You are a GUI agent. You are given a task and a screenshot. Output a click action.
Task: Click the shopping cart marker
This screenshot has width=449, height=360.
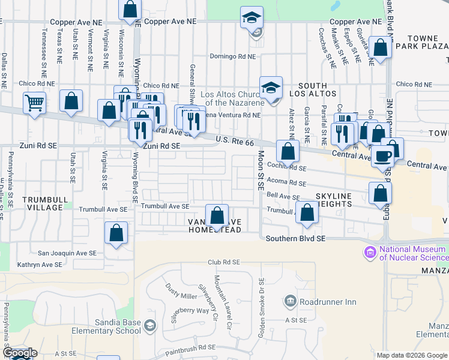pyautogui.click(x=34, y=103)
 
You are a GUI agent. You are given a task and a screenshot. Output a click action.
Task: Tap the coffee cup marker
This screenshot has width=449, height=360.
pyautogui.click(x=382, y=157)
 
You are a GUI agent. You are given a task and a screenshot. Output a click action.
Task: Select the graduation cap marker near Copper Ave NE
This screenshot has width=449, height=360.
pyautogui.click(x=252, y=17)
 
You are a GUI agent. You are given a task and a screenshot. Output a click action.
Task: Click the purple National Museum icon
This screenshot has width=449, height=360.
pyautogui.click(x=369, y=251)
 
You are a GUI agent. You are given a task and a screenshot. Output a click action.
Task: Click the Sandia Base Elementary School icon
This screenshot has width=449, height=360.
pyautogui.click(x=149, y=326)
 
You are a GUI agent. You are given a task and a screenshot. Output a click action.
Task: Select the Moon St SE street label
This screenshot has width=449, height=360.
pyautogui.click(x=261, y=170)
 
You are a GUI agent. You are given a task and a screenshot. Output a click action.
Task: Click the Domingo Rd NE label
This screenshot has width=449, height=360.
pyautogui.click(x=232, y=56)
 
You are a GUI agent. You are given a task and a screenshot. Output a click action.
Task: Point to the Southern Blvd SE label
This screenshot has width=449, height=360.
pyautogui.click(x=295, y=239)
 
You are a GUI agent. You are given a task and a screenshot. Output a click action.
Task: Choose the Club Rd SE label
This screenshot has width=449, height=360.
pyautogui.click(x=224, y=262)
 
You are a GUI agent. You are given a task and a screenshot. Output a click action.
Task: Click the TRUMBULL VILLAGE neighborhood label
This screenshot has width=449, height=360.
pyautogui.click(x=43, y=203)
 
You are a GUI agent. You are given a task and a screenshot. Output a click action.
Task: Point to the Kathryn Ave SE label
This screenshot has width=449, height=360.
pyautogui.click(x=40, y=265)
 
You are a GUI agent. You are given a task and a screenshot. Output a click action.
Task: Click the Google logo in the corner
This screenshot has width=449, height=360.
pyautogui.click(x=20, y=353)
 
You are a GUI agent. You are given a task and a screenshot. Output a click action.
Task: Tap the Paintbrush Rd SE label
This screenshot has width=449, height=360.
pyautogui.click(x=191, y=347)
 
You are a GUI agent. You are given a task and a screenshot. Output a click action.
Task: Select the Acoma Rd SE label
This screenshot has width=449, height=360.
pyautogui.click(x=287, y=183)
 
